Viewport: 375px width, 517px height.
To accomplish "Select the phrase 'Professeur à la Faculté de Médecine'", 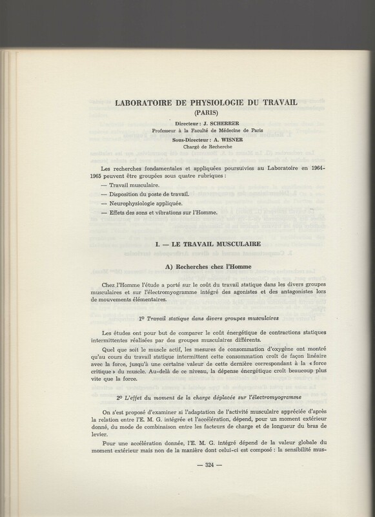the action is point(198,129).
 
